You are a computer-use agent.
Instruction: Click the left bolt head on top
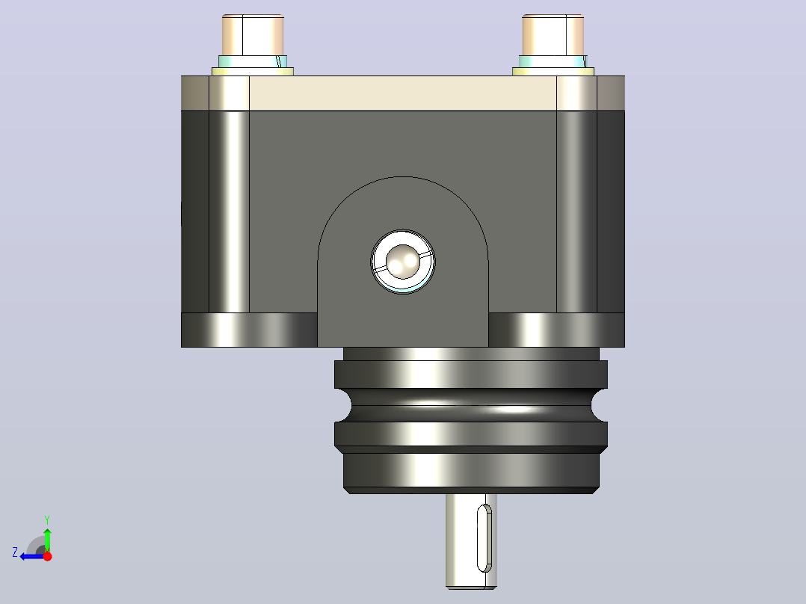point(253,35)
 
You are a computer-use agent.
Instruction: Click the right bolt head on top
point(553,35)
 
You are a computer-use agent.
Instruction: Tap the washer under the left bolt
point(253,72)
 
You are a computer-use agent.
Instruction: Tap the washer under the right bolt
point(553,72)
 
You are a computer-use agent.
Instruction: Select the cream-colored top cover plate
point(402,93)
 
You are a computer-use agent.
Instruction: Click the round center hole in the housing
point(403,262)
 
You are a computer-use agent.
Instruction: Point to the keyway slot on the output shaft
point(484,537)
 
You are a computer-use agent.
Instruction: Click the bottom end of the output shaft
point(471,586)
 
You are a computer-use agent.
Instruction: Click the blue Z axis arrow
point(32,556)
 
